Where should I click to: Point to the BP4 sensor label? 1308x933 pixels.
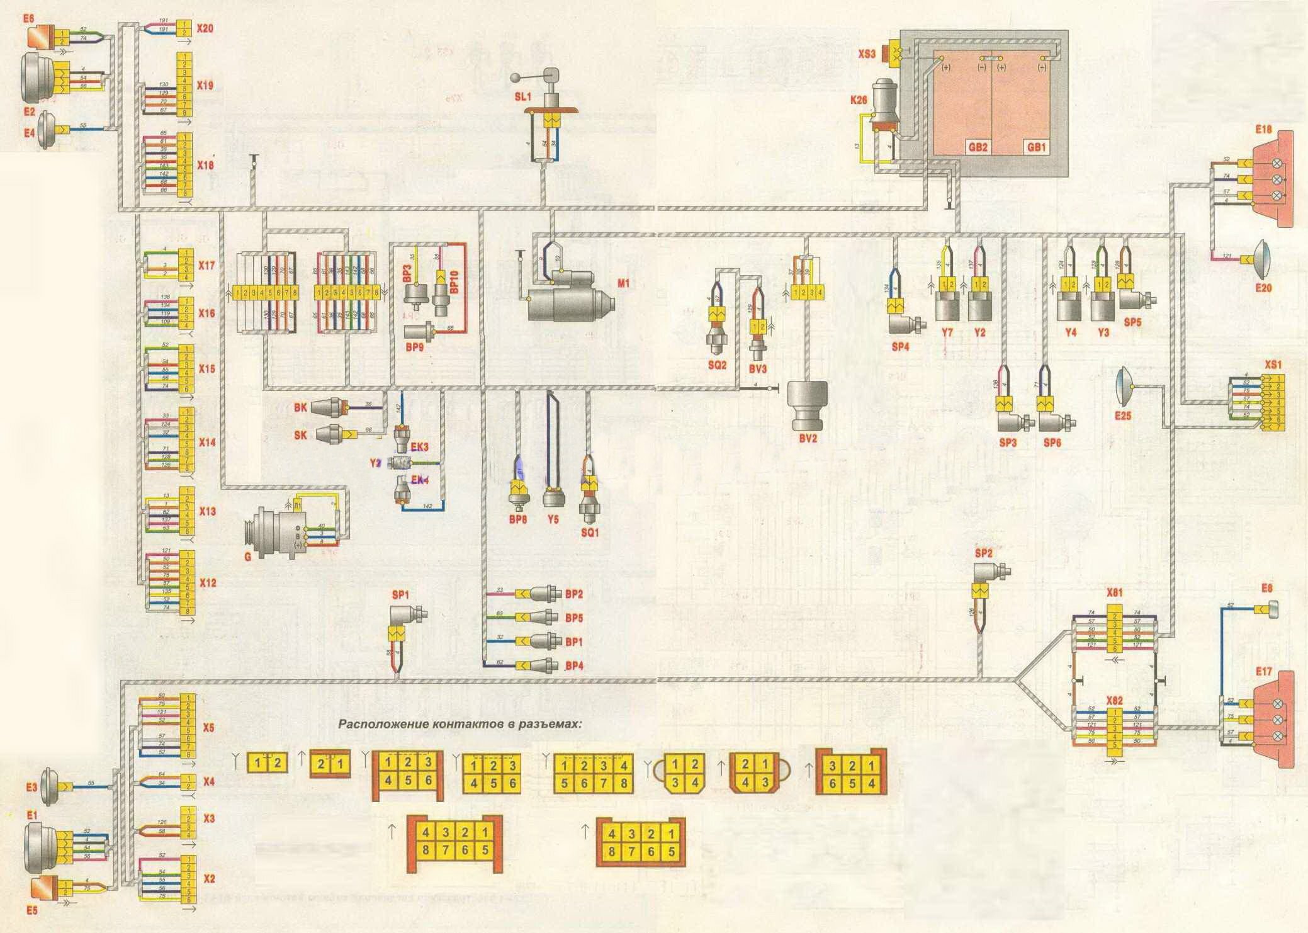pos(574,665)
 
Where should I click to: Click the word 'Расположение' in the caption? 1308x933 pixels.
pos(383,724)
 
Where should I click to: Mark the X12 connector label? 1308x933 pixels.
pos(207,583)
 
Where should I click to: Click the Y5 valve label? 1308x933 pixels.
pos(553,520)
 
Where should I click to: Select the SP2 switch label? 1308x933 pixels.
pos(983,553)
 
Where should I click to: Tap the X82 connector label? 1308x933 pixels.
pos(1115,701)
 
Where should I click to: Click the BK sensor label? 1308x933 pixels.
pos(300,407)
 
